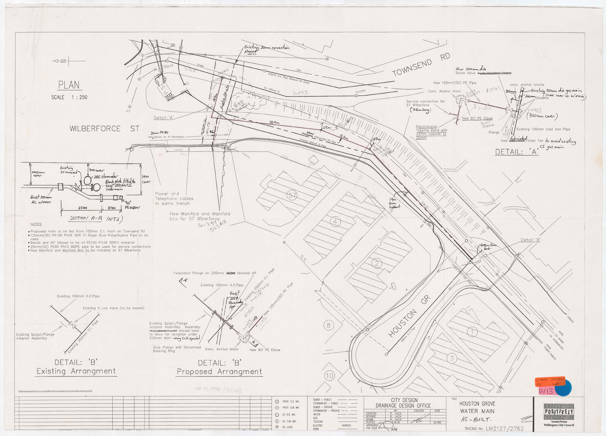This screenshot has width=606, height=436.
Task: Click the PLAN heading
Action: click(x=69, y=85)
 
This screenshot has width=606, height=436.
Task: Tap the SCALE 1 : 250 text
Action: click(x=69, y=98)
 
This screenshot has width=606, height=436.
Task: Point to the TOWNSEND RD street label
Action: click(x=421, y=65)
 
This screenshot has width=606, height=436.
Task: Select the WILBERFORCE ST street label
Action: click(x=104, y=129)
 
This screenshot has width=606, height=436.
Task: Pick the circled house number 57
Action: click(x=292, y=196)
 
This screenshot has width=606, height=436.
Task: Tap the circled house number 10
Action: click(x=329, y=376)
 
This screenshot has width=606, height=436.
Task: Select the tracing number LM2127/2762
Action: click(x=505, y=429)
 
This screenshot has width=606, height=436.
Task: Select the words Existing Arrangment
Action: click(x=76, y=371)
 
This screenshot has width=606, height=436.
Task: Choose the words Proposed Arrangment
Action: click(x=219, y=372)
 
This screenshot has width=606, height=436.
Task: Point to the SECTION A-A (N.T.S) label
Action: click(x=96, y=219)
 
